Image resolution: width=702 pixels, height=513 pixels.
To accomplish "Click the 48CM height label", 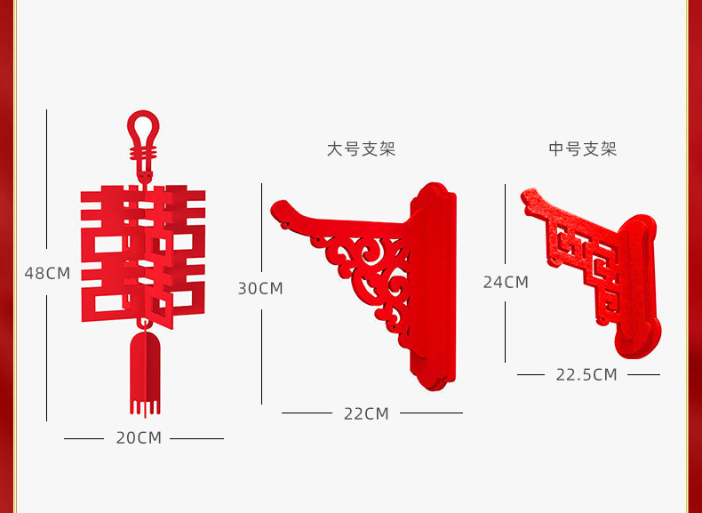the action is point(47,273).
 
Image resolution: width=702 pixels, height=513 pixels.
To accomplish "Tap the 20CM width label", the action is point(139,437).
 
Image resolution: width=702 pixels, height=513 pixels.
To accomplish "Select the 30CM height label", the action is point(260,288).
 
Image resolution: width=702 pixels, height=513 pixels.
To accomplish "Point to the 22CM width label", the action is point(367,413).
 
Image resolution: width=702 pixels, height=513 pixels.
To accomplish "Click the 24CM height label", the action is point(506,282).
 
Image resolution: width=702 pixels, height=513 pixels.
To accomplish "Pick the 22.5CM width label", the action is point(586,374).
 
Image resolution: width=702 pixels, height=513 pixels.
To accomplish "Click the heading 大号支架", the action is point(361,149).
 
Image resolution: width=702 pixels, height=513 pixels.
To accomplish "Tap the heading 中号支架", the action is point(583,149).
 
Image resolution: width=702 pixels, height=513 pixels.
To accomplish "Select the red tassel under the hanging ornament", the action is point(145,373).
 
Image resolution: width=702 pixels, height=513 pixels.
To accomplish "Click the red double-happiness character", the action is point(143,253).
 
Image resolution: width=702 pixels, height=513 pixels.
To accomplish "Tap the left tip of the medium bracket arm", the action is point(530,196).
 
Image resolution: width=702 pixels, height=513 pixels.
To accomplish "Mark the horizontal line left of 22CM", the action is point(307,413).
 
